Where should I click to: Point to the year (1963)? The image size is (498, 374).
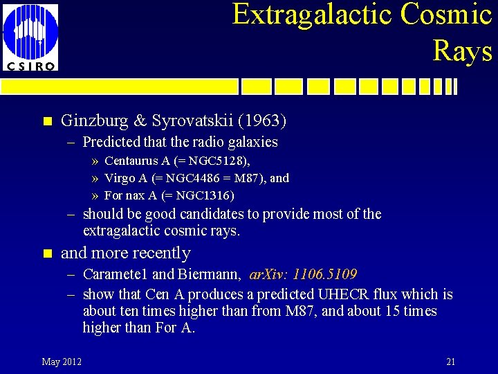(x=262, y=121)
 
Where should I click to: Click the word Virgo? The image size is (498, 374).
(x=119, y=178)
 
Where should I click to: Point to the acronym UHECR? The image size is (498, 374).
(x=344, y=295)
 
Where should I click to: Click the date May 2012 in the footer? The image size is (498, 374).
(x=62, y=362)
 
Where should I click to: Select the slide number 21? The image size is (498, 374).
(x=450, y=362)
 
